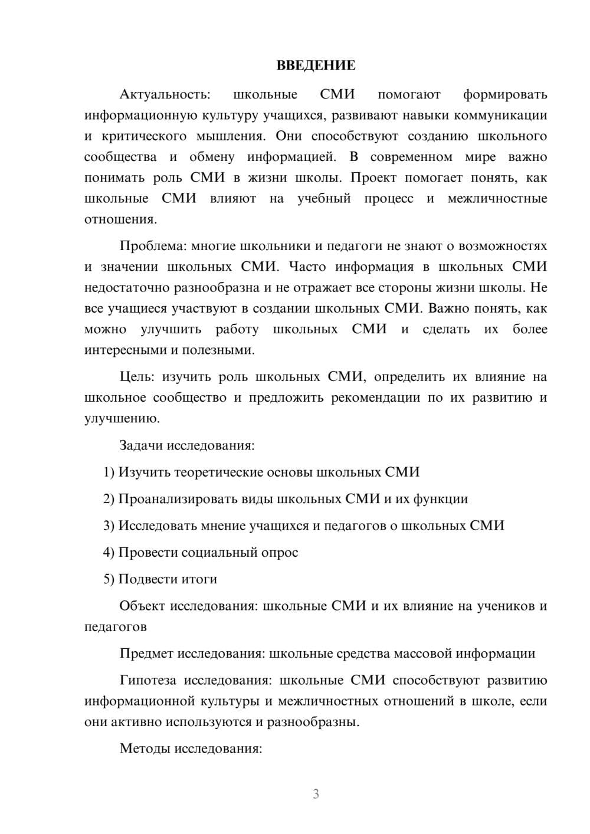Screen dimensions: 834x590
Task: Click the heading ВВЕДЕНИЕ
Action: click(x=316, y=65)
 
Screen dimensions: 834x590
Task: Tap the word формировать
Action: click(x=504, y=94)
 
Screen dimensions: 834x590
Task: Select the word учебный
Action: click(x=324, y=199)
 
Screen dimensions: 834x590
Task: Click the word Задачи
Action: click(x=141, y=445)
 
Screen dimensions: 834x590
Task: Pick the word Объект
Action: click(x=142, y=606)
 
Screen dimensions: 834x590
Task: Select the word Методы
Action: click(x=142, y=748)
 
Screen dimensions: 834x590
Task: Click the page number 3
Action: click(x=316, y=794)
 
